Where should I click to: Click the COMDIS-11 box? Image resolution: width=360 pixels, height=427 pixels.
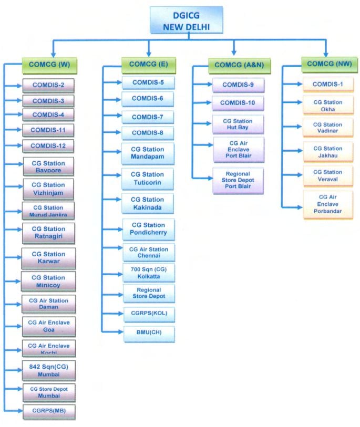(48, 129)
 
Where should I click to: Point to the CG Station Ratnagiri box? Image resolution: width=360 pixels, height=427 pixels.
(48, 233)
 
